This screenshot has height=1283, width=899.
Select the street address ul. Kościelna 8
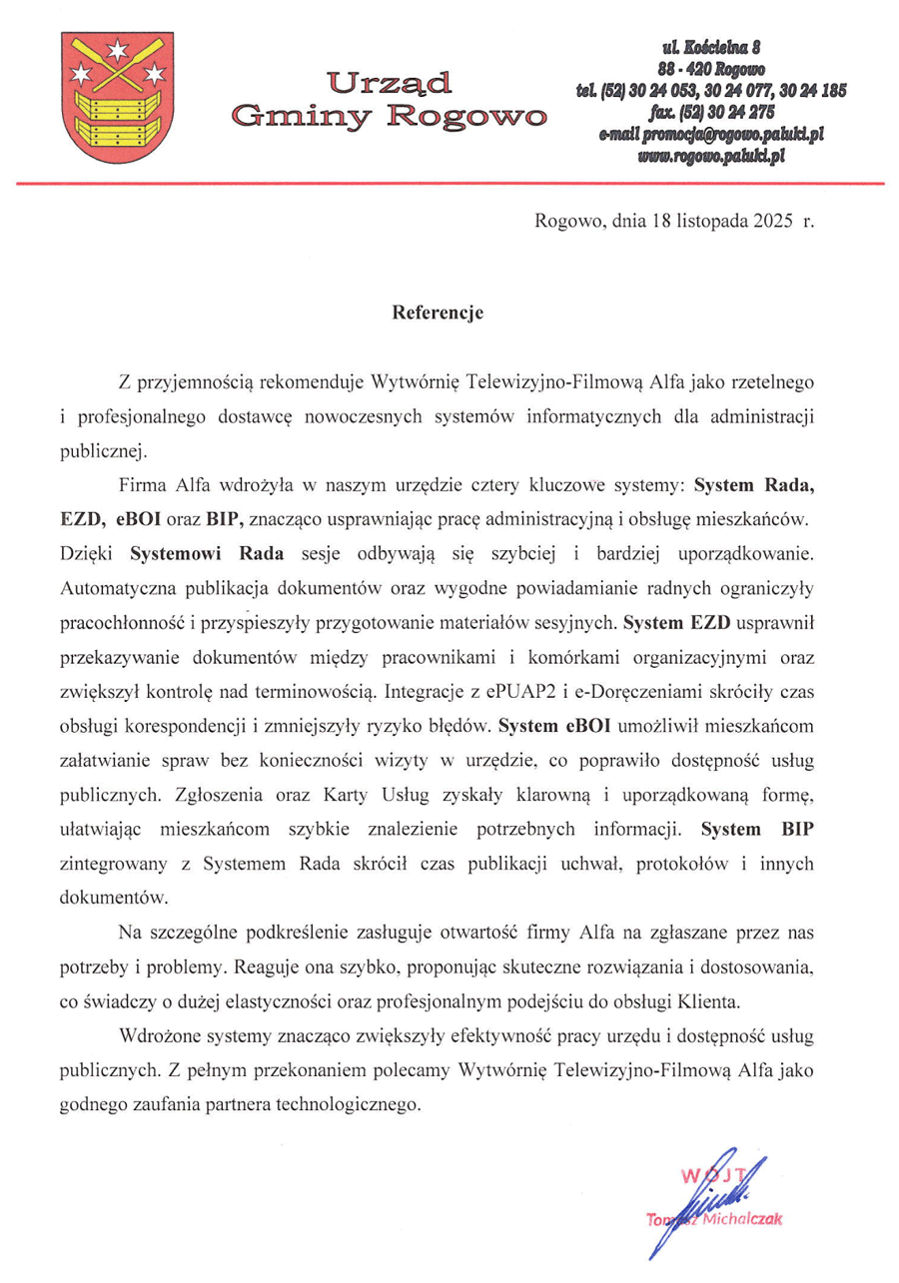tap(711, 46)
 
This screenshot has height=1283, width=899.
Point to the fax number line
tap(711, 112)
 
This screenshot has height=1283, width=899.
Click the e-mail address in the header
tap(711, 134)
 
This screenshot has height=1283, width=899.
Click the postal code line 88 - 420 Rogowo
tap(711, 68)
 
